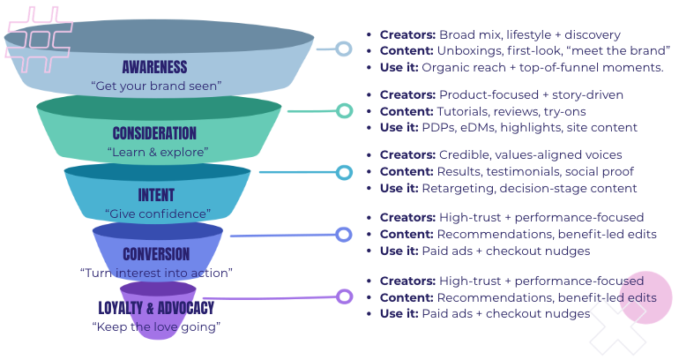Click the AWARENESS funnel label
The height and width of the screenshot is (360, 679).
point(155,67)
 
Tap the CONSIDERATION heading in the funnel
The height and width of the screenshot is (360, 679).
point(155,133)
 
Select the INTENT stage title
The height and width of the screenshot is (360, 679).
point(156,195)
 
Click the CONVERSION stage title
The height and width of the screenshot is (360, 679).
point(156,255)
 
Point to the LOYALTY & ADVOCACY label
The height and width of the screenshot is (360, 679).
point(156,308)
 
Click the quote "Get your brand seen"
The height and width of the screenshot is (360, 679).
point(156,86)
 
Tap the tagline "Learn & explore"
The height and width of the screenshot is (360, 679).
point(156,152)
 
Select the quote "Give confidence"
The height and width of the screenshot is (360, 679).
point(157,214)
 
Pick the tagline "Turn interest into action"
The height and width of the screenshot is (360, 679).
point(156,273)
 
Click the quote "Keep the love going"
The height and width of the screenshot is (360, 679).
point(156,326)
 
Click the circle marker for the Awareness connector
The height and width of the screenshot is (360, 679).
point(344,49)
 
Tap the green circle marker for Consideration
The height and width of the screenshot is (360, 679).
point(344,110)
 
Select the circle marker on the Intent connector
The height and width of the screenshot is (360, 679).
point(344,172)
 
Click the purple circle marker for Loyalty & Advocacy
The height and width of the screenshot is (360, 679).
point(344,296)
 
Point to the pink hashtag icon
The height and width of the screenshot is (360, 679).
point(36,36)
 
